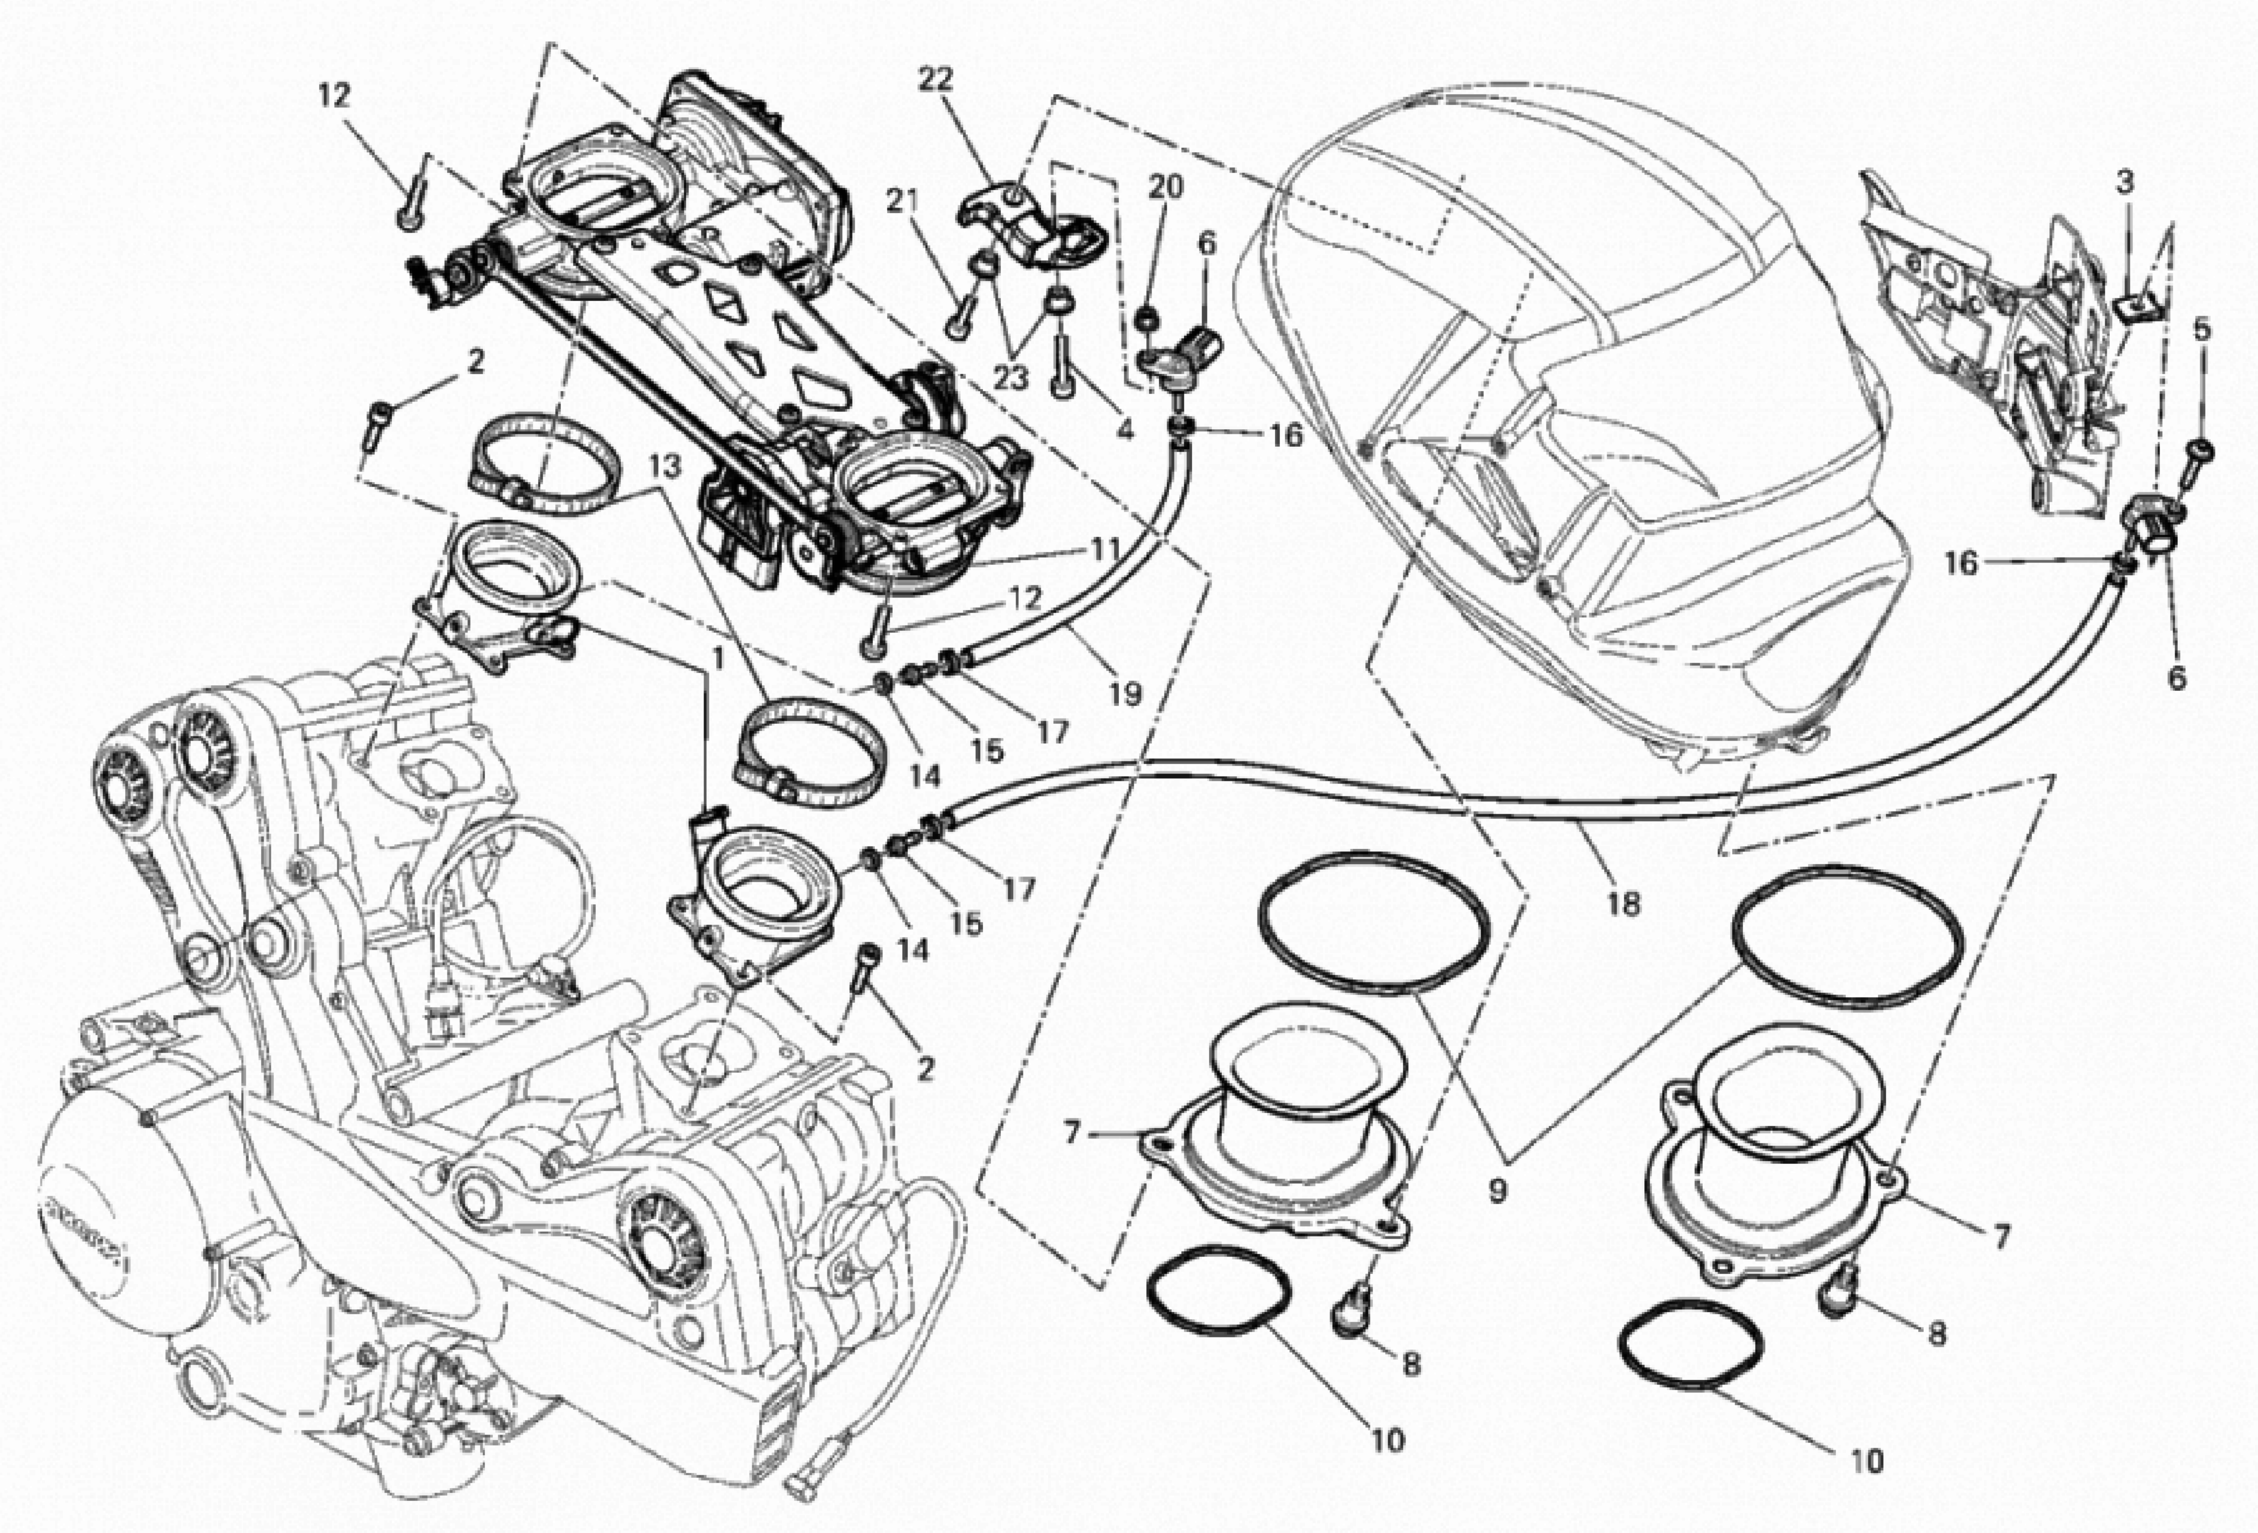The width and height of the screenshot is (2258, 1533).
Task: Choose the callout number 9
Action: click(1497, 1191)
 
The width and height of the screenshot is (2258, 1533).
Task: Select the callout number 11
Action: click(1104, 550)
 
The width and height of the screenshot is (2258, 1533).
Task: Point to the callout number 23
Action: click(1010, 377)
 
